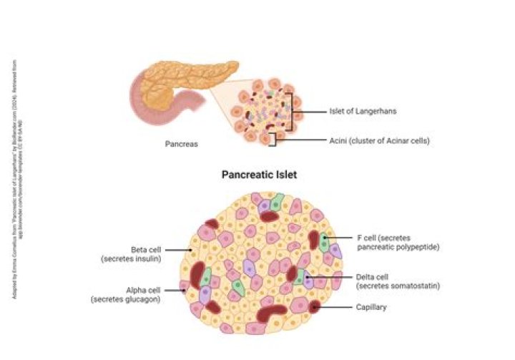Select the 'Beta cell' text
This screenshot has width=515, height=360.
145,250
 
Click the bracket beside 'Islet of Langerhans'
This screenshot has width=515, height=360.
290,112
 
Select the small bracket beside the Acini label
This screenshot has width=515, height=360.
274,137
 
